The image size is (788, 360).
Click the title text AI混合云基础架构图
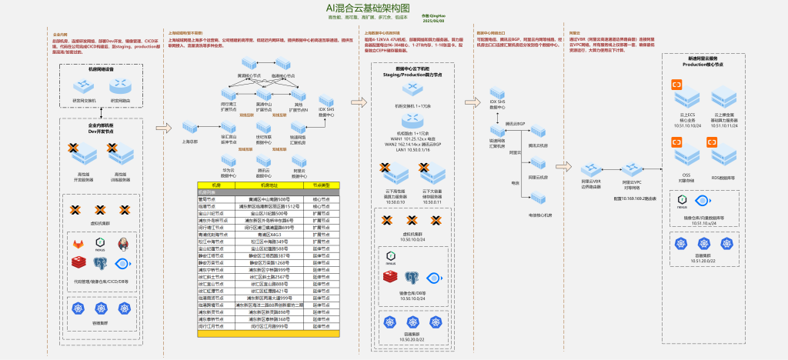[393, 7]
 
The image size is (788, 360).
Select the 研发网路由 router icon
[120, 86]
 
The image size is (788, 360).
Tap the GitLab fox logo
[78, 244]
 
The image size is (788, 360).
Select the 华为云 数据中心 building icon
[229, 163]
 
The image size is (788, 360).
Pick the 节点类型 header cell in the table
[321, 185]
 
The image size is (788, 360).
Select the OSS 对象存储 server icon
[684, 156]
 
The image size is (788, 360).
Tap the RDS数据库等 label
[724, 176]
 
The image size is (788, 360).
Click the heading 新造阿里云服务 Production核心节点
[703, 62]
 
